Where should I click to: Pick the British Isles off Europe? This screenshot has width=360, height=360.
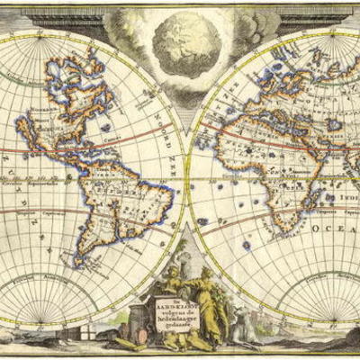click(x=232, y=85)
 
